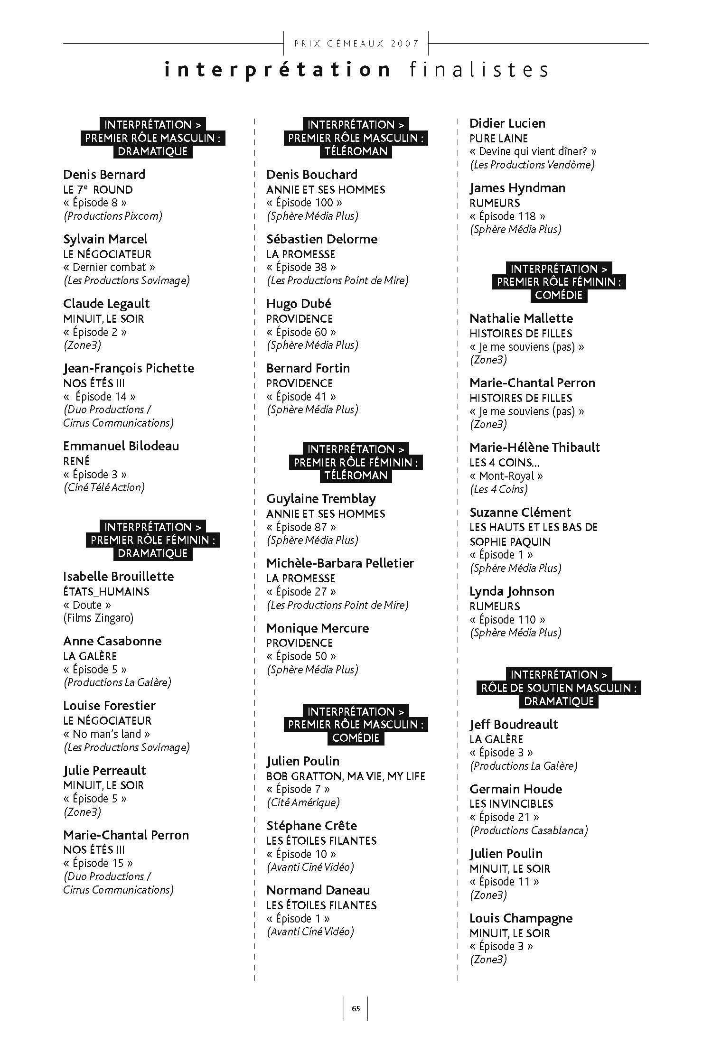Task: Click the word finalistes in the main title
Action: (x=478, y=70)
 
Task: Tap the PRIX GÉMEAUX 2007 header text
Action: (x=356, y=44)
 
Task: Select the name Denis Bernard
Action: (x=104, y=175)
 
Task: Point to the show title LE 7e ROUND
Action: (x=98, y=190)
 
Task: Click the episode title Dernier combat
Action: (x=109, y=267)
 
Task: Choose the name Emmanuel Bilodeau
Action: (x=121, y=446)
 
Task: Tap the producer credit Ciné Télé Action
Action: (x=104, y=487)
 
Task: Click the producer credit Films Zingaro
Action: (x=98, y=618)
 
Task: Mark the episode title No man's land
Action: (x=107, y=734)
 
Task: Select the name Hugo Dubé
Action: (x=299, y=304)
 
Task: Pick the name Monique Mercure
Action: (x=318, y=628)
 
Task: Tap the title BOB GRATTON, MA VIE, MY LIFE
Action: (x=346, y=776)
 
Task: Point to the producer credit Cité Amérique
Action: (x=303, y=802)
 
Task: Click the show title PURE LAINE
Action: (x=498, y=139)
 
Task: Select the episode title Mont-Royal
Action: (x=506, y=476)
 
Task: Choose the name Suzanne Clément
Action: (x=520, y=513)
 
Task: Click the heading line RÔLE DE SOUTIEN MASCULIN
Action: (x=559, y=688)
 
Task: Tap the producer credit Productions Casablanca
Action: (x=529, y=830)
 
